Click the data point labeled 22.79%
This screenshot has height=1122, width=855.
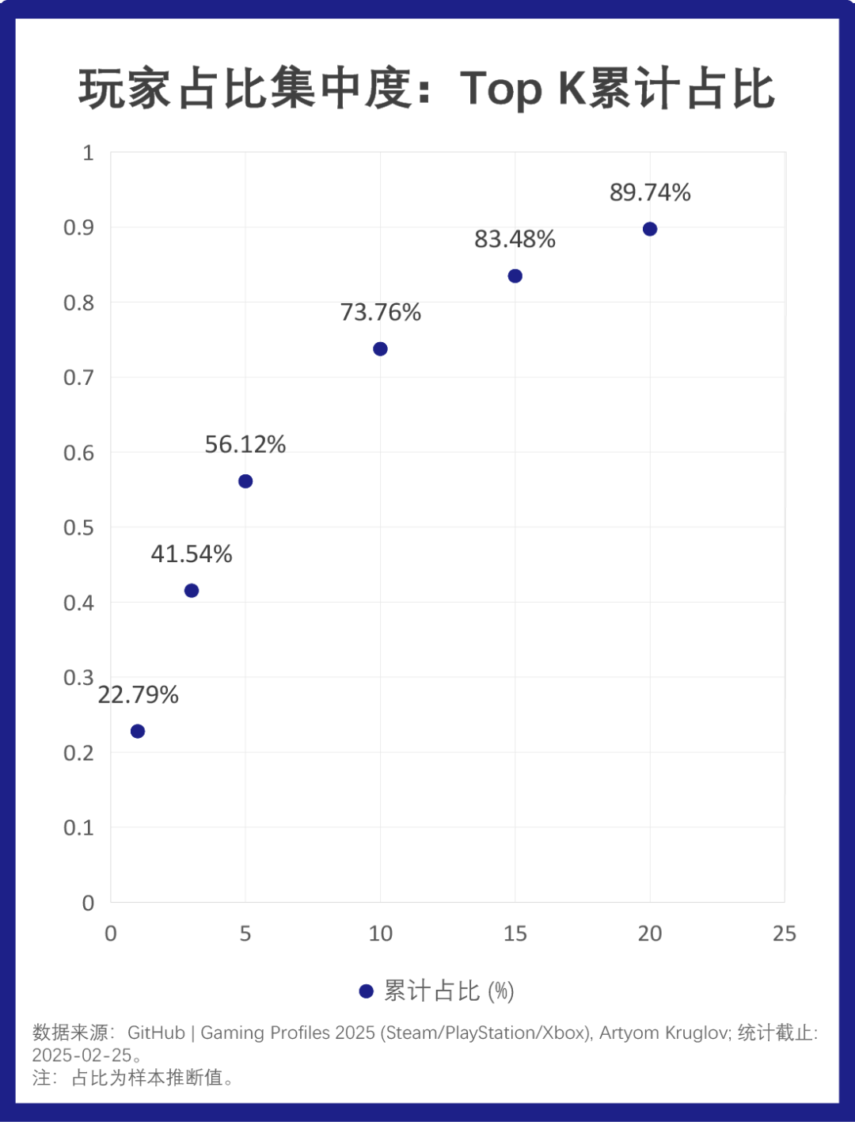click(138, 731)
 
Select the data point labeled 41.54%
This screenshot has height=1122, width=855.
click(192, 591)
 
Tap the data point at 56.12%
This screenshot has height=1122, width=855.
click(245, 481)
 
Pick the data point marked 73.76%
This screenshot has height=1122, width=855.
click(380, 349)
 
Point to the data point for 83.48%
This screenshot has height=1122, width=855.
click(515, 276)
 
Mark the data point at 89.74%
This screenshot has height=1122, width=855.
click(650, 229)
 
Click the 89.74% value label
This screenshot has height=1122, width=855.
click(650, 192)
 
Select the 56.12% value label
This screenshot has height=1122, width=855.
click(245, 444)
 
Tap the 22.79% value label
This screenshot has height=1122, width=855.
click(138, 694)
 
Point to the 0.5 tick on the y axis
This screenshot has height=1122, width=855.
click(78, 527)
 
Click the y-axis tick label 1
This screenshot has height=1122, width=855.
click(88, 153)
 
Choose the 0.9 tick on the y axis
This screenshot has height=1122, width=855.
click(78, 228)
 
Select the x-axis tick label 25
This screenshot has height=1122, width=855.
click(785, 934)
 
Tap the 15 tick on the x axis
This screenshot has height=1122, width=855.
click(515, 934)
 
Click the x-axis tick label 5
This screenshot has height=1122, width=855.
click(245, 934)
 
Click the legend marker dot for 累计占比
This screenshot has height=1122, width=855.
click(366, 991)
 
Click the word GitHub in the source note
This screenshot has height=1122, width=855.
click(156, 1033)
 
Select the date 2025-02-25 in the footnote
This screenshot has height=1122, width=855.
click(82, 1055)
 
